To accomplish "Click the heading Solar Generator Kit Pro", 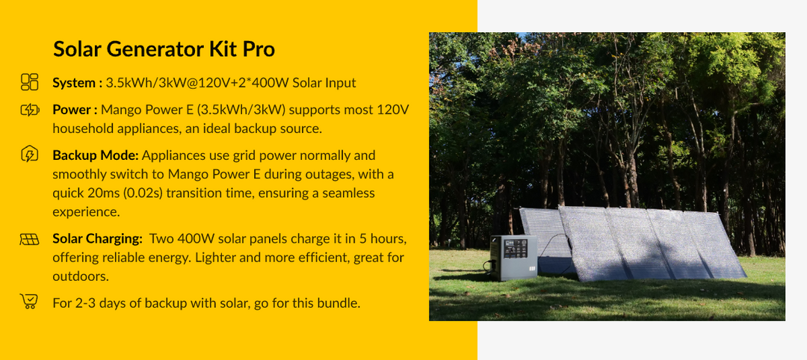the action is [x=164, y=49].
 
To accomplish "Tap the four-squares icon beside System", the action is [x=29, y=82].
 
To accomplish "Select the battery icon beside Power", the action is [x=29, y=110].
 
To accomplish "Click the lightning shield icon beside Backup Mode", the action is [x=29, y=155].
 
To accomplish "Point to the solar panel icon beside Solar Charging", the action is [x=29, y=239].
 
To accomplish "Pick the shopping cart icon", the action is [x=29, y=301].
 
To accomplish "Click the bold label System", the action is [x=77, y=83].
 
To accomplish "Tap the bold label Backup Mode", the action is [x=95, y=155].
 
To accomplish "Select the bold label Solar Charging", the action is [x=97, y=239].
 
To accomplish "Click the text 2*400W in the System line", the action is [x=267, y=83].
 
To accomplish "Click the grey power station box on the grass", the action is [x=513, y=258].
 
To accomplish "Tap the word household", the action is [x=84, y=128].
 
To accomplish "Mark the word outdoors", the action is [x=81, y=276].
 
